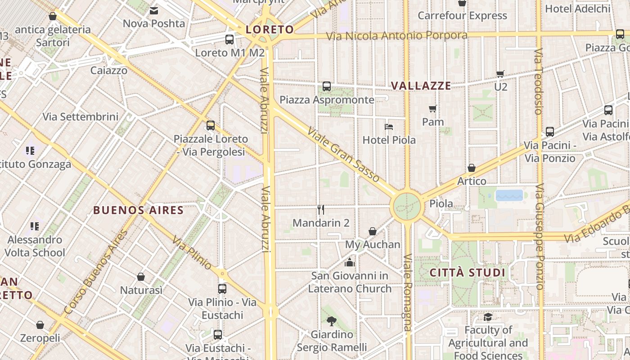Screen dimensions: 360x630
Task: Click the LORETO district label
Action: point(270,30)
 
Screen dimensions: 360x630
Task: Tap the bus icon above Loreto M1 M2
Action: point(229,40)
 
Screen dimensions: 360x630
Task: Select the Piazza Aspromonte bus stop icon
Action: point(327,86)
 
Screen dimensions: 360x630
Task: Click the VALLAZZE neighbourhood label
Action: point(421,86)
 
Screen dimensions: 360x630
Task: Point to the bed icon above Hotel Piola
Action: point(389,127)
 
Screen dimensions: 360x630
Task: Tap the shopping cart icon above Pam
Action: point(433,108)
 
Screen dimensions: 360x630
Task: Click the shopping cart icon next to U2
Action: point(500,74)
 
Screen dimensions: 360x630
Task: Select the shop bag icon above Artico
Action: point(472,168)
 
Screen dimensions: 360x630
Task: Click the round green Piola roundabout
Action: point(407,207)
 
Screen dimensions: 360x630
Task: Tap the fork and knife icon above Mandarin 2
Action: point(321,210)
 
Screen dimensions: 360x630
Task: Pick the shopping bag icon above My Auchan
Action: point(373,231)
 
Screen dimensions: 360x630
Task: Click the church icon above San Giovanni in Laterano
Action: point(350,262)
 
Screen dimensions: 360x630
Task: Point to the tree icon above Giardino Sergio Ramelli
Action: point(332,321)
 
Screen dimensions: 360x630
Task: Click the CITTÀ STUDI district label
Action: point(468,273)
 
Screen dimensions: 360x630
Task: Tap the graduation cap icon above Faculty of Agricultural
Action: point(488,317)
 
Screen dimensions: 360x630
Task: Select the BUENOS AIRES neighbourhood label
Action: point(139,210)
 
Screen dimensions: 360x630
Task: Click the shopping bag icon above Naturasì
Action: point(141,277)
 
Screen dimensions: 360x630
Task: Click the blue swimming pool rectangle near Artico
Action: point(509,195)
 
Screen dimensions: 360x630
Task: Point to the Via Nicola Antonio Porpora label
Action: point(396,36)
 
